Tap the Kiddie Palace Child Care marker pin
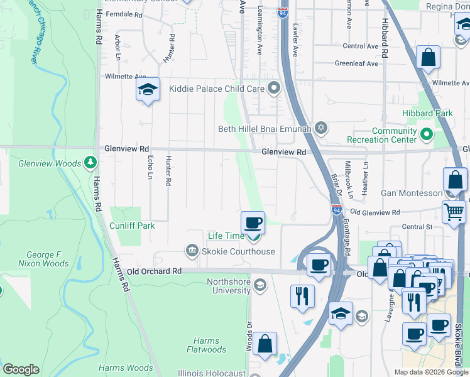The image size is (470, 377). coord(273,89)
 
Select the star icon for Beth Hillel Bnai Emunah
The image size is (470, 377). coord(321,128)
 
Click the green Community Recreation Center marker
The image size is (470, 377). coord(426,134)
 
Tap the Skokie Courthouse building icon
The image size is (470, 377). coord(190,251)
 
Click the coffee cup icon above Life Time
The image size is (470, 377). coord(253,222)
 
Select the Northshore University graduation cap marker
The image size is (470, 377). coord(259,287)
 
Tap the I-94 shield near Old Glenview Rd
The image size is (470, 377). coord(337,209)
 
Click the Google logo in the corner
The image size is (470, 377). coord(21,369)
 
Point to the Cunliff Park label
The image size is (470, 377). coord(132,225)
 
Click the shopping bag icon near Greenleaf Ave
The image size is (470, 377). coord(428,58)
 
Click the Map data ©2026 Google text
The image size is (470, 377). coord(430,372)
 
